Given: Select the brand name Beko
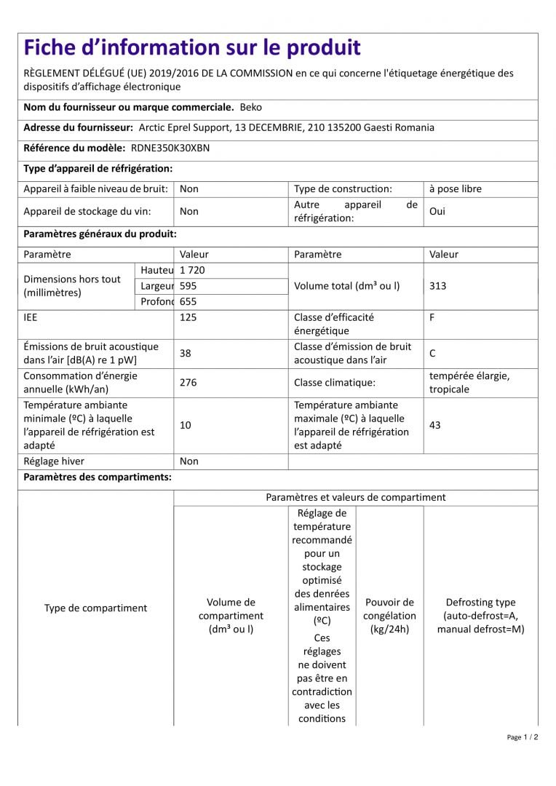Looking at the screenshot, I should pos(251,107).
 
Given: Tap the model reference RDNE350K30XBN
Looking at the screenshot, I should pos(170,148).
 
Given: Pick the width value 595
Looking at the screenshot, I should pos(188,286).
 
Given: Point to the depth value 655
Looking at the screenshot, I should pos(188,301).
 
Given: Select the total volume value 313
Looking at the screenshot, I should pos(437,286).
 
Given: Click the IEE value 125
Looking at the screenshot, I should pos(188,317).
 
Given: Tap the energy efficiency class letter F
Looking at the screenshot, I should pos(432,317).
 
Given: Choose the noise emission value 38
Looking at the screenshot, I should pos(186,353).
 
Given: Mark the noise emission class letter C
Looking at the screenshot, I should pos(432,353).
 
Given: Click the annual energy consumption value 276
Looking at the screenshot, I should pos(188,382).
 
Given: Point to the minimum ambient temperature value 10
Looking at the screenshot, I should pos(185,425).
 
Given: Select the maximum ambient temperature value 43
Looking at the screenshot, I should pos(434,425).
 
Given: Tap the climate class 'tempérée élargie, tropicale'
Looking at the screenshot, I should pos(469,382).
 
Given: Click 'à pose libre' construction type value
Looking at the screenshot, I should pos(455,188).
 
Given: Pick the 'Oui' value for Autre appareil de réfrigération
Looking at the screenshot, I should pos(437,211).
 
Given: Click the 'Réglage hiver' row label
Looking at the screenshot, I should pos(54,461).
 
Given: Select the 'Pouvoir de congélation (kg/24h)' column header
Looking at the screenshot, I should pos(389,616).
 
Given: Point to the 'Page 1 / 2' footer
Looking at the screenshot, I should pos(522,737).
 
